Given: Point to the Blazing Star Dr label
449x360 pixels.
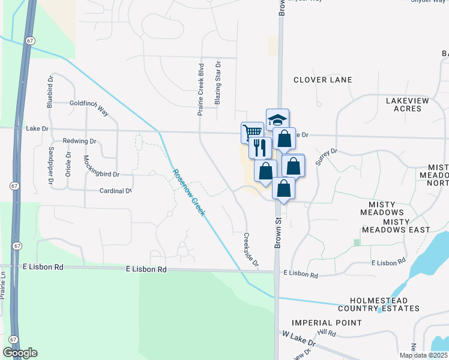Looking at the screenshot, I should pyautogui.click(x=218, y=82).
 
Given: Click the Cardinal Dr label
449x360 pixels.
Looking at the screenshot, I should pyautogui.click(x=115, y=191).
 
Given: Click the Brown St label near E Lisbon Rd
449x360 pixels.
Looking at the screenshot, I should pyautogui.click(x=279, y=230).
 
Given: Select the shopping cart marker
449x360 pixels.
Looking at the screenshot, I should pyautogui.click(x=252, y=132).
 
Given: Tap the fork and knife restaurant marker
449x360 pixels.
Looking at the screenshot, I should pyautogui.click(x=260, y=147).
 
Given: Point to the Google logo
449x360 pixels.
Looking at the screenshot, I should pyautogui.click(x=20, y=353).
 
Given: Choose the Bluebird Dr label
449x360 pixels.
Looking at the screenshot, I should pyautogui.click(x=50, y=91).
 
